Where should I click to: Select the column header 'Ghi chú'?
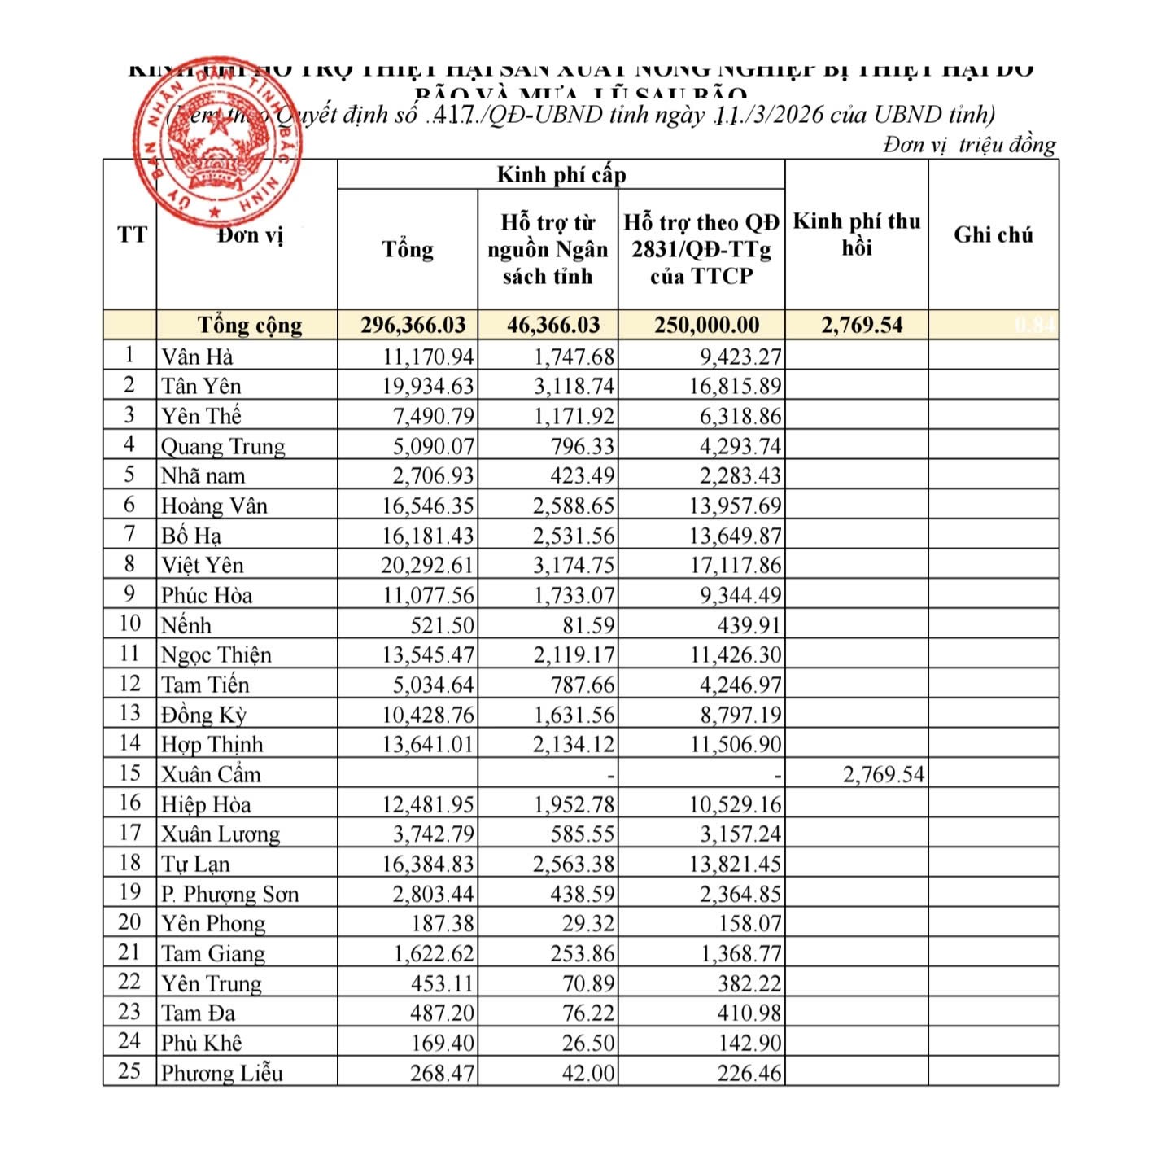point(993,235)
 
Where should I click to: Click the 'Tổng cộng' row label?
point(250,326)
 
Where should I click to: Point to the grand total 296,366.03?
point(413,326)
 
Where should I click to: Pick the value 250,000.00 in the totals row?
point(706,326)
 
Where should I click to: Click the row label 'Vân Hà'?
point(197,357)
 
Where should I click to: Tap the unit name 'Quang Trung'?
point(223,446)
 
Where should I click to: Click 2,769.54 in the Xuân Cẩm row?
point(884,774)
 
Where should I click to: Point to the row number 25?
point(129,1071)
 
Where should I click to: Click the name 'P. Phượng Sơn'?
point(229,894)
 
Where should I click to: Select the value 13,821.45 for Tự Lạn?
point(735,864)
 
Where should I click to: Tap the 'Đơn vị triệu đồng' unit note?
point(969,145)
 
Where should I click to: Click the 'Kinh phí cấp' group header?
point(561,174)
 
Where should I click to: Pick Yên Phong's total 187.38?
point(443,923)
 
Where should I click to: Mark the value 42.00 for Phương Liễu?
point(588,1073)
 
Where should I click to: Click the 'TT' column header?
point(131,235)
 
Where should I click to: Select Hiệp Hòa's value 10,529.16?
point(735,804)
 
